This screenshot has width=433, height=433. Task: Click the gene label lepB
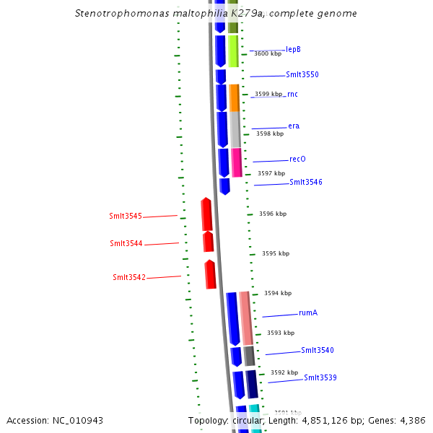pos(293,49)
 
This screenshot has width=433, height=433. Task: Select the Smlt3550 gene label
pos(302,74)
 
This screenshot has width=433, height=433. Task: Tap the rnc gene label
pos(292,94)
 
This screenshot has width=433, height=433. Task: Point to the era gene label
pos(294,126)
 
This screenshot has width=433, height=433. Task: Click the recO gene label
pos(297,159)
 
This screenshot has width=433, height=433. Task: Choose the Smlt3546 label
pos(305,182)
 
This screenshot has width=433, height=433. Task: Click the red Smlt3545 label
pos(126,216)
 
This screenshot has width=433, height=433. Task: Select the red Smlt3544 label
pos(126,243)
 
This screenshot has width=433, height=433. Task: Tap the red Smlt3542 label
pos(129,277)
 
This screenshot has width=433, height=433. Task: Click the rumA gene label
pos(308,312)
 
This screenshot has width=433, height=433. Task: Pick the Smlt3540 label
pos(317,350)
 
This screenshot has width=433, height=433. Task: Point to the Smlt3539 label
pos(320,377)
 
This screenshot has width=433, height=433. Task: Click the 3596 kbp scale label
pos(273,214)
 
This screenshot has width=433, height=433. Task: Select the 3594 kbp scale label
pos(278,293)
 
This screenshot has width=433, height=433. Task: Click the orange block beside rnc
pos(234,97)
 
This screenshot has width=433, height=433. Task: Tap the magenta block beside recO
pos(236,162)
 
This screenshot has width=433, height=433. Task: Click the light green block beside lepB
pos(233,51)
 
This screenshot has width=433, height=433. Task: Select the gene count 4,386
pos(411,420)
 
